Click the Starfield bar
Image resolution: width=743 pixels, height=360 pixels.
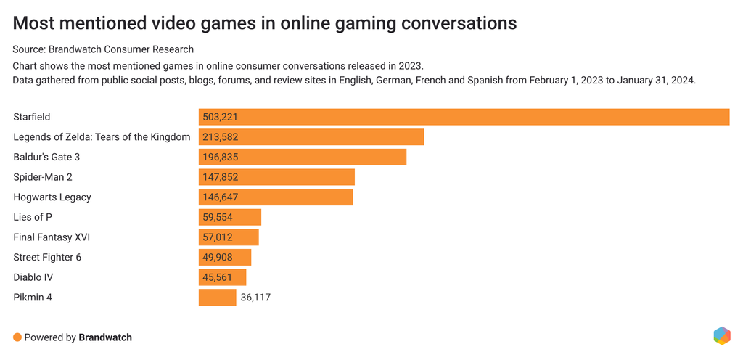coord(464,117)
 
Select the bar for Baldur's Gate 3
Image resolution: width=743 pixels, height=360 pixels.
coord(303,157)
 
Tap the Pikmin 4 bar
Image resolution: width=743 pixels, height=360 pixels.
coord(217,297)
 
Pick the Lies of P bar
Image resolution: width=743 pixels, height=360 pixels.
coord(229,217)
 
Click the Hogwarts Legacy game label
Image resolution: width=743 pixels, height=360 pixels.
coord(52,197)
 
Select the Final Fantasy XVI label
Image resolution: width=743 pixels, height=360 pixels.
coord(52,237)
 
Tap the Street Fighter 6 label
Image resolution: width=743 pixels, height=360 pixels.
coord(48,257)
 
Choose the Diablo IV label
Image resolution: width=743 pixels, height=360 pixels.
coord(33,277)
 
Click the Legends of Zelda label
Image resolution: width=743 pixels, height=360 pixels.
coord(102,137)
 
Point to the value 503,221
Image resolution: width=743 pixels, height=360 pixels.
coord(221,117)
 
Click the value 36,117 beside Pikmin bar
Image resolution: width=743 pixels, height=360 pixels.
coord(255,297)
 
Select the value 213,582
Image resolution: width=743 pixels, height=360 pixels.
coord(221,137)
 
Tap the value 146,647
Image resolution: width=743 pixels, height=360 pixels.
coord(221,197)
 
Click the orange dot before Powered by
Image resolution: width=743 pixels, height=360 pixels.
coord(17,337)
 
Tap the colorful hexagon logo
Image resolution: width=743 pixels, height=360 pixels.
coord(721,335)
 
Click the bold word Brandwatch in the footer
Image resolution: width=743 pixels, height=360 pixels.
coord(105,337)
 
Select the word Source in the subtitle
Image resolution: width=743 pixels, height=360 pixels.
coord(29,49)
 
